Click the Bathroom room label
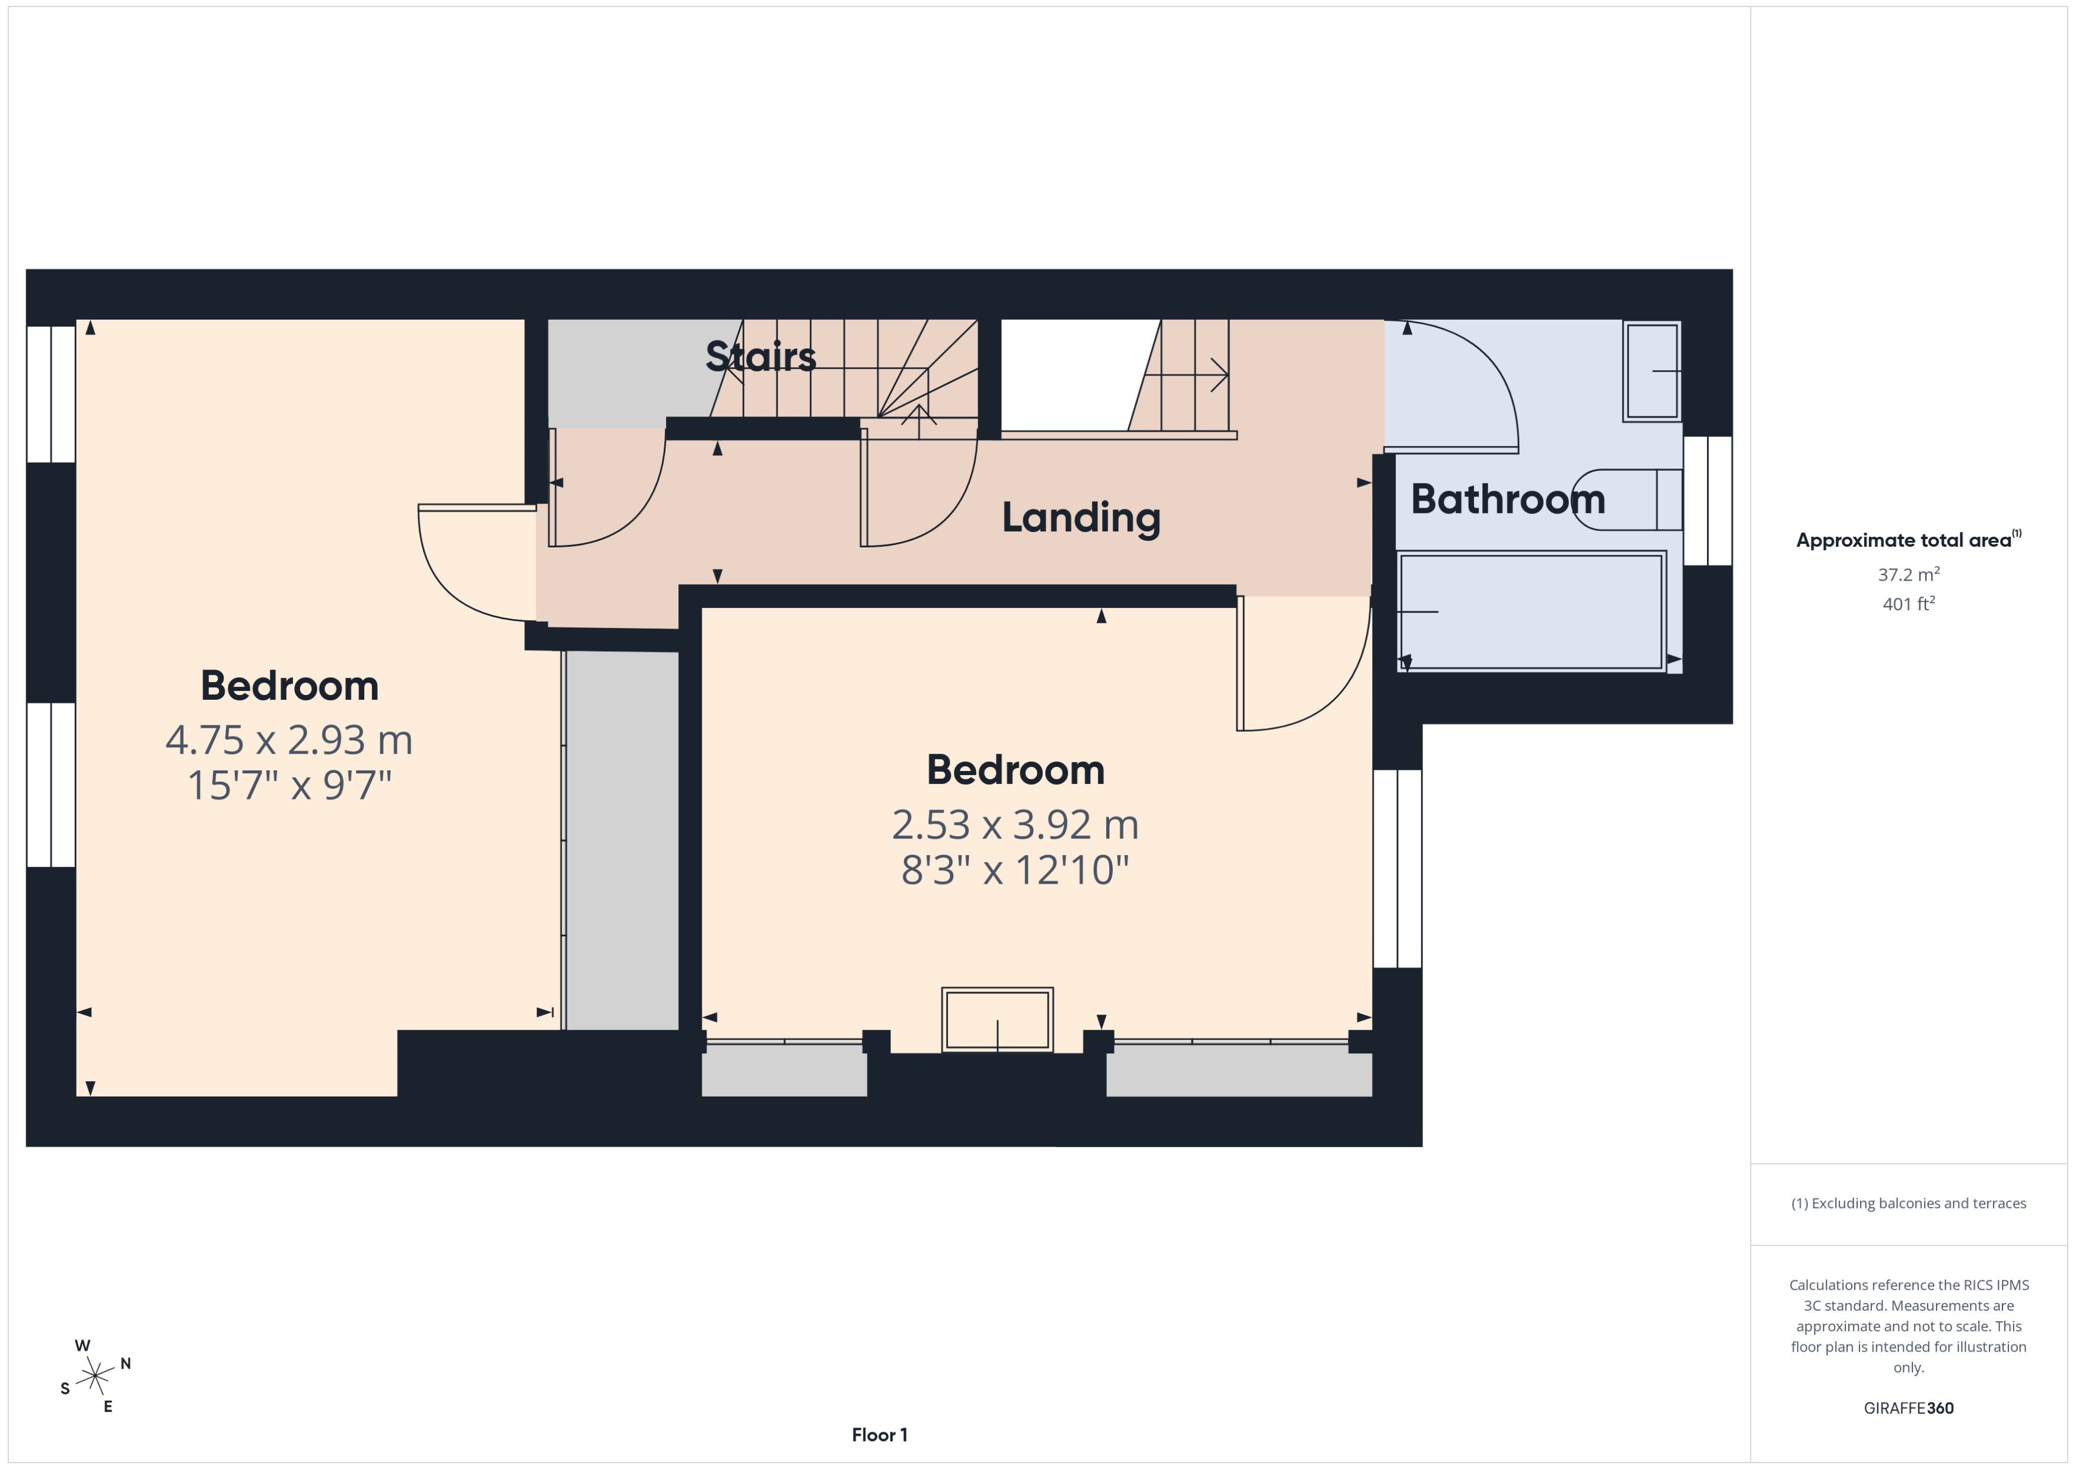pos(1507,499)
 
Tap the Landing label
pos(1080,517)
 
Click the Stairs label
pos(761,356)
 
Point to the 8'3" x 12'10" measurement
pos(1015,870)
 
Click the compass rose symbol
pos(95,1376)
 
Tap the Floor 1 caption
pos(879,1435)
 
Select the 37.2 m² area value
pos(1908,575)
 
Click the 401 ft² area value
pos(1908,603)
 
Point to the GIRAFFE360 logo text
pos(1908,1409)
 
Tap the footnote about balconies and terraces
pos(1908,1203)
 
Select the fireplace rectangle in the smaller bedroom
pos(997,1019)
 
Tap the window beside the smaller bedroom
pos(1397,868)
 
